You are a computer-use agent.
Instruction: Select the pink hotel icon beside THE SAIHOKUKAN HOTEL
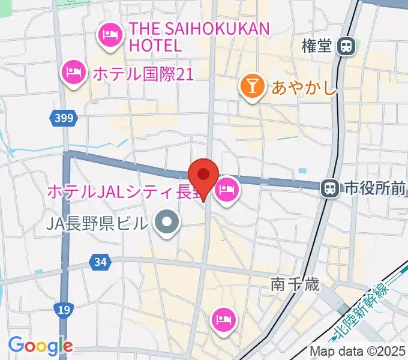pos(110,35)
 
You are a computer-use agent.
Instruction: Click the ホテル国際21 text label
pos(142,74)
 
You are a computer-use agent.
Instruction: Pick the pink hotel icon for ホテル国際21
pos(73,73)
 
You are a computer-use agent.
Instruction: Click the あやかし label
pos(304,88)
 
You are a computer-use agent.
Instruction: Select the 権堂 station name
pos(317,46)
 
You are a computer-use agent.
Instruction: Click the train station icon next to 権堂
pos(346,46)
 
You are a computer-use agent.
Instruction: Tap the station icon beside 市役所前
pos(329,189)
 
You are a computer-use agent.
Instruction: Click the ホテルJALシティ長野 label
pos(123,192)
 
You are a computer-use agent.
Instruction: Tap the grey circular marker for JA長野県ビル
pos(167,223)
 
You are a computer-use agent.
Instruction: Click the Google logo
pos(40,346)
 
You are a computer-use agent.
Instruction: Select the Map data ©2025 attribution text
pos(357,351)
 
